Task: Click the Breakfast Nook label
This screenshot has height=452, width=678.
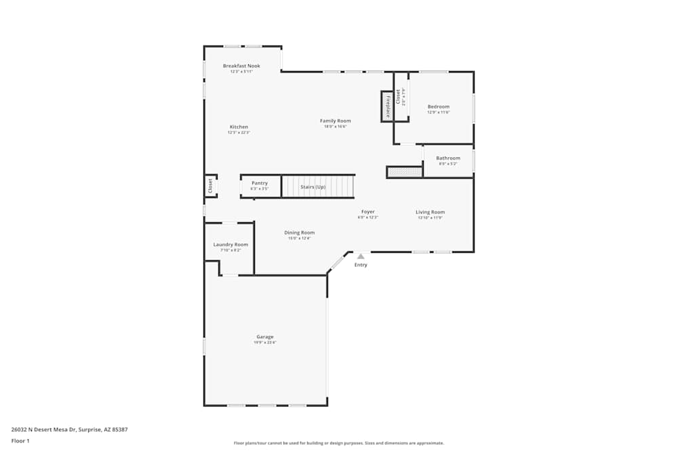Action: (241, 66)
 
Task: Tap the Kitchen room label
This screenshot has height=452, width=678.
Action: (239, 127)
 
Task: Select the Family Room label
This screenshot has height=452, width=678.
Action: (336, 121)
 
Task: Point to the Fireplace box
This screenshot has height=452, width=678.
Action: (387, 106)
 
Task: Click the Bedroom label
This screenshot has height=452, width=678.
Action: (438, 106)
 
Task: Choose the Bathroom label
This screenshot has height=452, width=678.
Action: (448, 158)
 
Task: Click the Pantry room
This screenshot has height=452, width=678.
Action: (260, 185)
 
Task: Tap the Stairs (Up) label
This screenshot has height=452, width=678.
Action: (313, 186)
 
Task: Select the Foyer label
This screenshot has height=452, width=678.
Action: (367, 211)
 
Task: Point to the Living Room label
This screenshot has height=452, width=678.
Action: (430, 212)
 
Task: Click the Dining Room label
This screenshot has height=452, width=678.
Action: (299, 232)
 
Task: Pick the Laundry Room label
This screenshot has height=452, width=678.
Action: (231, 245)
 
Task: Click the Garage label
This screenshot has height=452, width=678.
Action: (265, 337)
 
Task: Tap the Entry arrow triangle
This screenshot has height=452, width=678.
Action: (361, 256)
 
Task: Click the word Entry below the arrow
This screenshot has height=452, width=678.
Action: (361, 265)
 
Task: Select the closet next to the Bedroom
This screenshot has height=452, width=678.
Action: (401, 96)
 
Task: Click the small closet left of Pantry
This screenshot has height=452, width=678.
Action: (210, 186)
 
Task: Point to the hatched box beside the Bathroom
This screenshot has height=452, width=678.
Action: (405, 172)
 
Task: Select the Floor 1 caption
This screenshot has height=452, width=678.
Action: (20, 440)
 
